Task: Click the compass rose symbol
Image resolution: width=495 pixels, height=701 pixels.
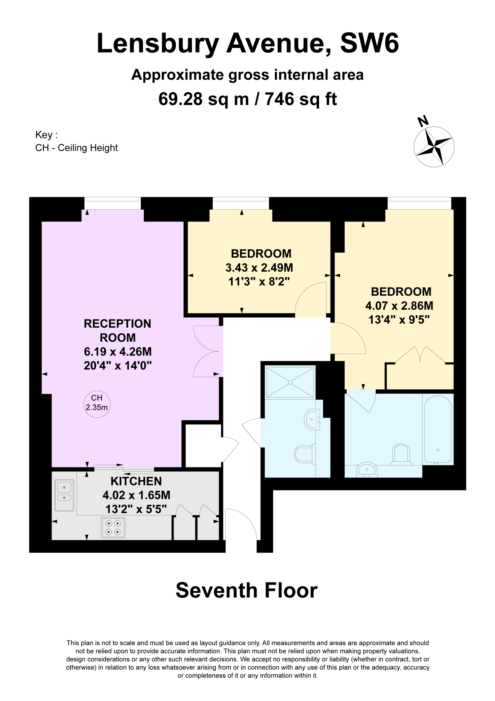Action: pyautogui.click(x=434, y=146)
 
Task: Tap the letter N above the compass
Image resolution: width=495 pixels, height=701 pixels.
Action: pyautogui.click(x=423, y=121)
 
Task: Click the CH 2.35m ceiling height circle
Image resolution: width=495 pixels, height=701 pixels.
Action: pyautogui.click(x=97, y=404)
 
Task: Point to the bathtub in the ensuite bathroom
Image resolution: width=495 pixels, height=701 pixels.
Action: pyautogui.click(x=438, y=429)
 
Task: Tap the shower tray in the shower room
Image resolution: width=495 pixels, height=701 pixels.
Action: pyautogui.click(x=290, y=382)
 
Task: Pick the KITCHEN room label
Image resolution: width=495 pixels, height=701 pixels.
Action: pyautogui.click(x=136, y=481)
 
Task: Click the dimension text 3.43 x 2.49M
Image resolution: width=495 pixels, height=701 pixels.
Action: pyautogui.click(x=259, y=268)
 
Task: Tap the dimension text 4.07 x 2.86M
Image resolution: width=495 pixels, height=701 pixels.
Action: pyautogui.click(x=399, y=306)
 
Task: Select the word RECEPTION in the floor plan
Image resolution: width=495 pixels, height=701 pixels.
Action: pyautogui.click(x=117, y=324)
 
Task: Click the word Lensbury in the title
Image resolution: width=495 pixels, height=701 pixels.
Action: pyautogui.click(x=158, y=44)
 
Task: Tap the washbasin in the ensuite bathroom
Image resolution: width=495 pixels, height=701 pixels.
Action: pyautogui.click(x=367, y=470)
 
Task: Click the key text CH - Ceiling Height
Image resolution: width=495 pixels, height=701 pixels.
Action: pyautogui.click(x=77, y=148)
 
